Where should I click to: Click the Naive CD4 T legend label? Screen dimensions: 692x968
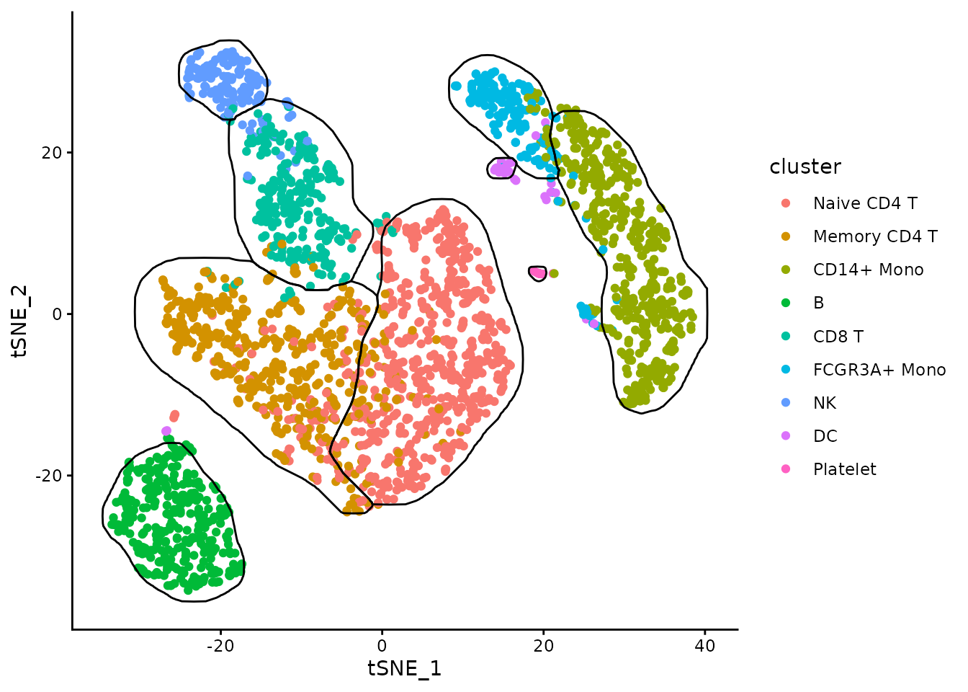[864, 203]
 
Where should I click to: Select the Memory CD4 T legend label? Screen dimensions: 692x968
[874, 236]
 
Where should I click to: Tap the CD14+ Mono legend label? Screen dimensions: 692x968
[868, 270]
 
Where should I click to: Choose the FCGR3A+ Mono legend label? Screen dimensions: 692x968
[879, 370]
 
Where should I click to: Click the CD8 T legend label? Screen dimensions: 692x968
[838, 337]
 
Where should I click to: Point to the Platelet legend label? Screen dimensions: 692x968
[844, 469]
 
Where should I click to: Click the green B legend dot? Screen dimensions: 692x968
[786, 303]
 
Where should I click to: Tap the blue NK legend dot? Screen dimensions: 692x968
[786, 403]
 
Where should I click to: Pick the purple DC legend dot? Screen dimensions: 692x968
[786, 436]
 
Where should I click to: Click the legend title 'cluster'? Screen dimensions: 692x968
[805, 167]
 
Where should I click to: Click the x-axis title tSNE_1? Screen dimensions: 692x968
[404, 668]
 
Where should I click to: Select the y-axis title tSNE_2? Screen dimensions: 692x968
[19, 321]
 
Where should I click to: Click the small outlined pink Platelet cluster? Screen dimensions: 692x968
[538, 272]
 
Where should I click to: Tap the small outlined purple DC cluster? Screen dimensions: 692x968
[501, 168]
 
